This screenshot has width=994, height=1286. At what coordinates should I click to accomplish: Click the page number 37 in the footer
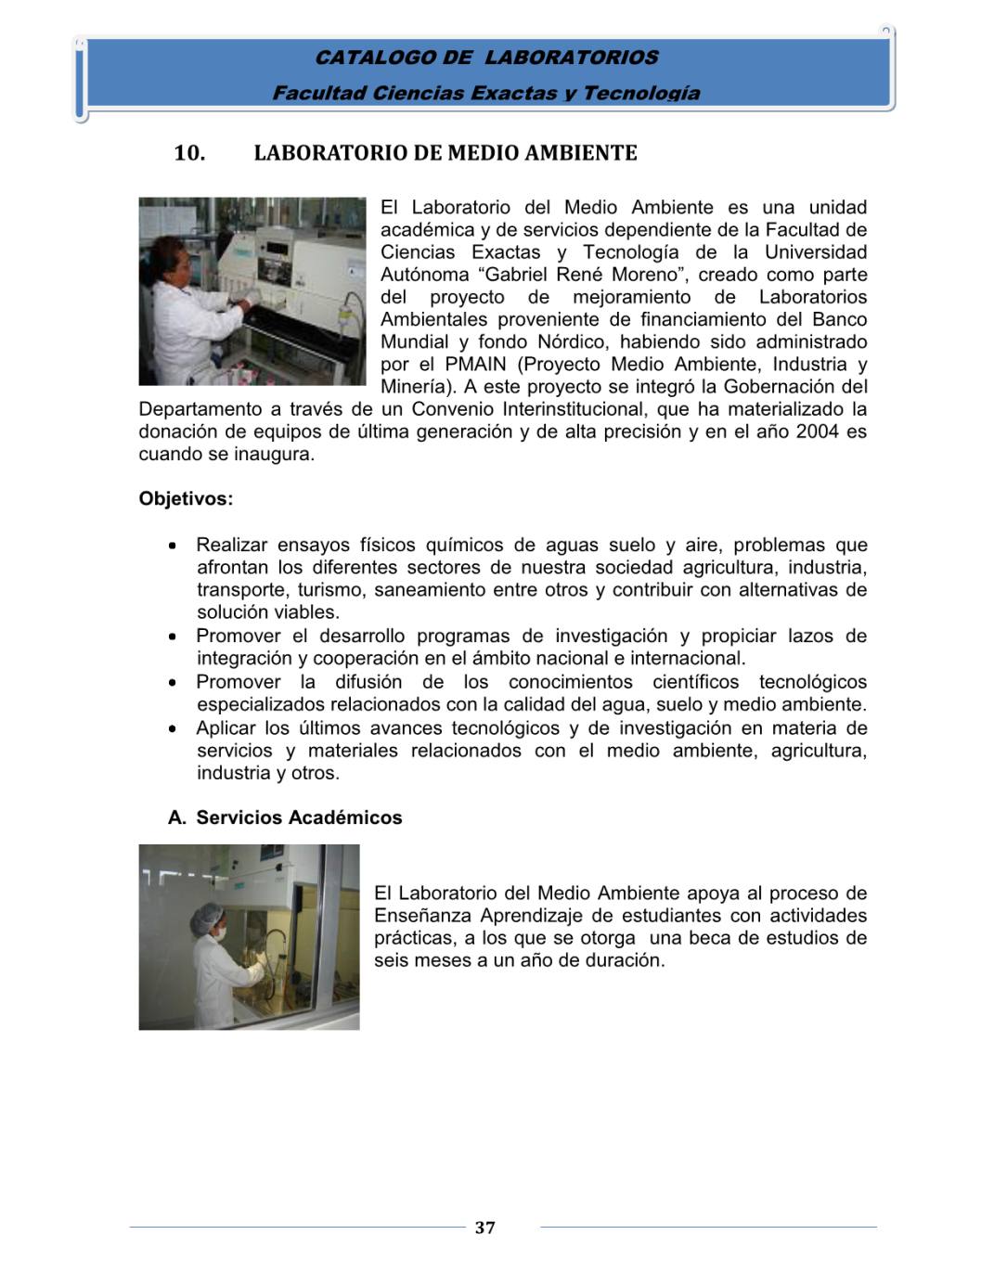tap(484, 1228)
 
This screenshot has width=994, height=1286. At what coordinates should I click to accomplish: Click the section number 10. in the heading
tap(189, 153)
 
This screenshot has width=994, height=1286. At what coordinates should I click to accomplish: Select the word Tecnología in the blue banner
tap(641, 93)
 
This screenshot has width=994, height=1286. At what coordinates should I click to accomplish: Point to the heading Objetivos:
tap(186, 498)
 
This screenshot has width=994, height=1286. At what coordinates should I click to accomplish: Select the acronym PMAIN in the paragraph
tap(474, 364)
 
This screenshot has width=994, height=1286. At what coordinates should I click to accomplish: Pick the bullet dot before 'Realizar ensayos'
tap(174, 546)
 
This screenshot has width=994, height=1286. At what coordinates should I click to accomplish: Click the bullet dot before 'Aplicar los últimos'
tap(174, 729)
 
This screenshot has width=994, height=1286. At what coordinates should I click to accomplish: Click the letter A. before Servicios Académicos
tap(177, 817)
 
